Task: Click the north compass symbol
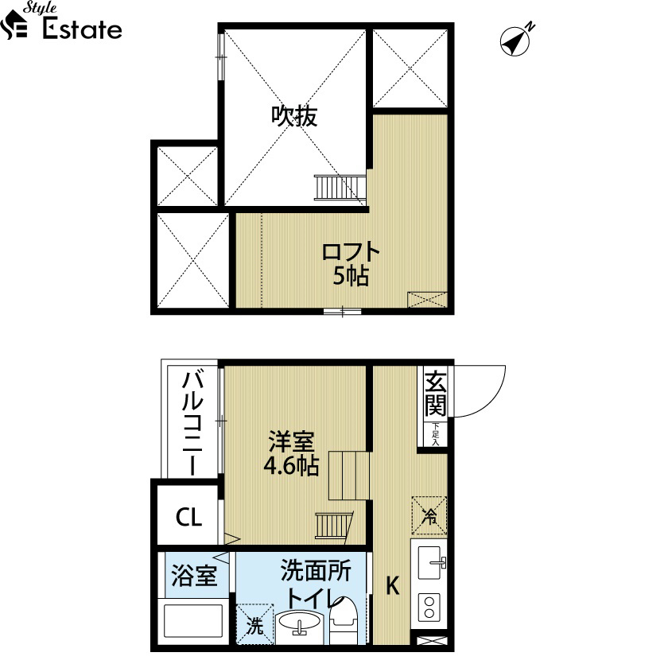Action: pos(515,41)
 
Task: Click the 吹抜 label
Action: pos(294,115)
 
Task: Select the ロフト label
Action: pos(351,252)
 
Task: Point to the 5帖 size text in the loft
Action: pos(351,277)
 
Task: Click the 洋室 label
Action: pos(291,441)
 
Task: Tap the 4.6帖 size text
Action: pos(291,466)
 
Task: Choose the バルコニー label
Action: pos(192,424)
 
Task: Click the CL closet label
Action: pos(188,517)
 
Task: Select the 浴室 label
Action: pos(194,575)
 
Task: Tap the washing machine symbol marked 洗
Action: pos(254,624)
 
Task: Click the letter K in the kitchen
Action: pos(392,585)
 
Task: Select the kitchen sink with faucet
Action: pos(432,562)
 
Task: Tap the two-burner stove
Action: pos(429,607)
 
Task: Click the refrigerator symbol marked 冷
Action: pos(429,515)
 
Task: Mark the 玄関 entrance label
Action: pos(436,394)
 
